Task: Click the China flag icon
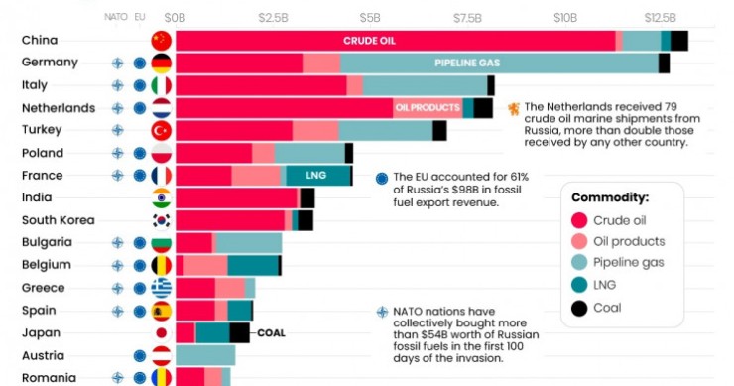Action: click(x=161, y=41)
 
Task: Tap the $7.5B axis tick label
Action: click(x=467, y=17)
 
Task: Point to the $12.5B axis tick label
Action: click(x=660, y=17)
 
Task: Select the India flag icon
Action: click(x=161, y=197)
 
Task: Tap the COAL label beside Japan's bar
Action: click(x=271, y=333)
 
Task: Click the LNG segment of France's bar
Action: click(x=318, y=176)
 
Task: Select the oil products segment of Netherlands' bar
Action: click(x=428, y=108)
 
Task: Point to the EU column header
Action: click(x=140, y=17)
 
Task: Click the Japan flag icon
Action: click(x=161, y=333)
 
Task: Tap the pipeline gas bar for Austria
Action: click(x=205, y=355)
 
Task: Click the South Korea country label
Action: click(x=59, y=220)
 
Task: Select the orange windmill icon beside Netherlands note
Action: click(x=514, y=109)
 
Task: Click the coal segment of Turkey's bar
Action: click(x=439, y=131)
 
